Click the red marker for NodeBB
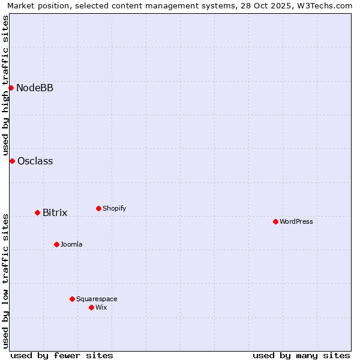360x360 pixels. click(x=11, y=88)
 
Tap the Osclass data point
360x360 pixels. click(x=12, y=161)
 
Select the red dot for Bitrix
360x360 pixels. click(x=37, y=212)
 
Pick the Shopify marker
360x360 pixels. click(x=98, y=208)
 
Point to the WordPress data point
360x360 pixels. click(x=275, y=221)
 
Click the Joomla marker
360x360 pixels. click(x=56, y=244)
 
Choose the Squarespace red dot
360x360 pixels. click(x=72, y=299)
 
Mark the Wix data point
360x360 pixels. click(x=91, y=307)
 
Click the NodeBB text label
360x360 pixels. click(x=35, y=88)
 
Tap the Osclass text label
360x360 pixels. click(x=35, y=161)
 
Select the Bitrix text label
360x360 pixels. click(x=55, y=213)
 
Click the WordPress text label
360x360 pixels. click(x=296, y=222)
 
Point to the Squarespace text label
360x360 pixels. click(x=97, y=299)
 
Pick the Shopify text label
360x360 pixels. click(x=114, y=209)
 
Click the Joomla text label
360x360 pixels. click(x=71, y=245)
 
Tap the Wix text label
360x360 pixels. click(x=101, y=308)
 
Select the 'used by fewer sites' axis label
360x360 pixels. click(x=62, y=355)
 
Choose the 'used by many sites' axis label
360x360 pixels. click(x=301, y=355)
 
